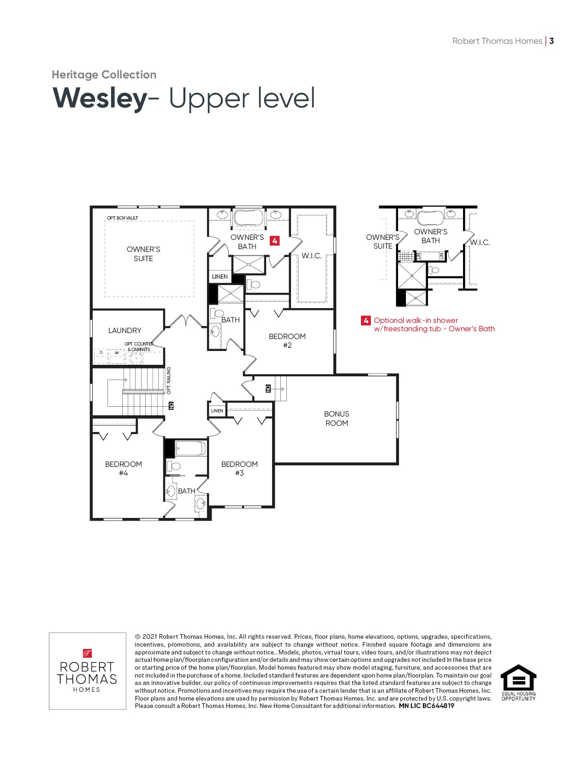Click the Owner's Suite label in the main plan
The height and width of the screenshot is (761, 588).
pyautogui.click(x=143, y=254)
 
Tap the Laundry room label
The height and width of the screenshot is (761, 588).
pyautogui.click(x=125, y=330)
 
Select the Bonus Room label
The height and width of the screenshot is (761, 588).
pyautogui.click(x=337, y=418)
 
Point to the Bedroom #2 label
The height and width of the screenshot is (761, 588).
pyautogui.click(x=287, y=341)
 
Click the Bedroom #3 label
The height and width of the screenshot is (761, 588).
pyautogui.click(x=239, y=468)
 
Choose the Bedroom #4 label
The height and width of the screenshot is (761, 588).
pyautogui.click(x=124, y=468)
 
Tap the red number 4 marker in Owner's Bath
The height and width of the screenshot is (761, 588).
pyautogui.click(x=274, y=241)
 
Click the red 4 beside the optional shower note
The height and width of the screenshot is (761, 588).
pyautogui.click(x=366, y=321)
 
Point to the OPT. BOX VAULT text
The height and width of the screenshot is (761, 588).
pyautogui.click(x=123, y=218)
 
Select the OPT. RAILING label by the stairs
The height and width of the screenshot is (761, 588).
pyautogui.click(x=168, y=380)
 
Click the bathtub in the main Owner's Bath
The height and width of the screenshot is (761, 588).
pyautogui.click(x=248, y=218)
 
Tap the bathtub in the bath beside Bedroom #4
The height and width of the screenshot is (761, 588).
pyautogui.click(x=190, y=448)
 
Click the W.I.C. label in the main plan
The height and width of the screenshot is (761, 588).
pyautogui.click(x=312, y=256)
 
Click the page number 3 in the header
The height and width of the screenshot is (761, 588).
pyautogui.click(x=552, y=41)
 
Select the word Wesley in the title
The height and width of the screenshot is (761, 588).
pyautogui.click(x=100, y=99)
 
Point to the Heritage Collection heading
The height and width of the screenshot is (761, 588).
pyautogui.click(x=104, y=75)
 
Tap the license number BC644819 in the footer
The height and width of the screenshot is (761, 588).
pyautogui.click(x=438, y=706)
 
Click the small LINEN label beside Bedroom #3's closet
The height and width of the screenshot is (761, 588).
pyautogui.click(x=217, y=411)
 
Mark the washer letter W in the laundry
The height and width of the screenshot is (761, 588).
pyautogui.click(x=117, y=353)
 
